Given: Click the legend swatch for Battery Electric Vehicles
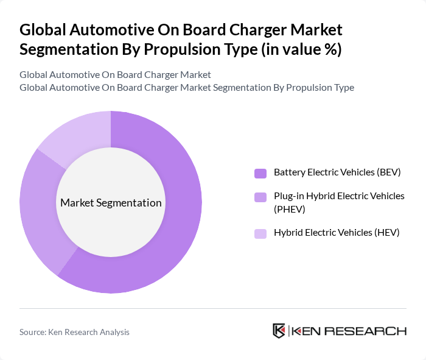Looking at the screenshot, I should (260, 173).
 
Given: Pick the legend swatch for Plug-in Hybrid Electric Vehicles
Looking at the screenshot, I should (260, 197).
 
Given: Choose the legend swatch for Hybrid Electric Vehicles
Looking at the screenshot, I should (260, 233).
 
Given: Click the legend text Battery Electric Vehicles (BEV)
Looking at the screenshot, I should (337, 172).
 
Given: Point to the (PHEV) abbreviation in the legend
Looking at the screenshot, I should (290, 209).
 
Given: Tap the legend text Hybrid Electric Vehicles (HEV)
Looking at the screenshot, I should (337, 233).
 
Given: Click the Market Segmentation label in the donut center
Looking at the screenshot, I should (111, 203).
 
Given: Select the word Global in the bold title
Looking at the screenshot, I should (43, 30).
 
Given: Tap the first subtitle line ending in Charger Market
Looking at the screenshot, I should (115, 75).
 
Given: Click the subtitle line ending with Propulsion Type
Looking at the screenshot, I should (186, 87).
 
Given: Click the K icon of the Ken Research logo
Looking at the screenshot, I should (279, 331).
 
